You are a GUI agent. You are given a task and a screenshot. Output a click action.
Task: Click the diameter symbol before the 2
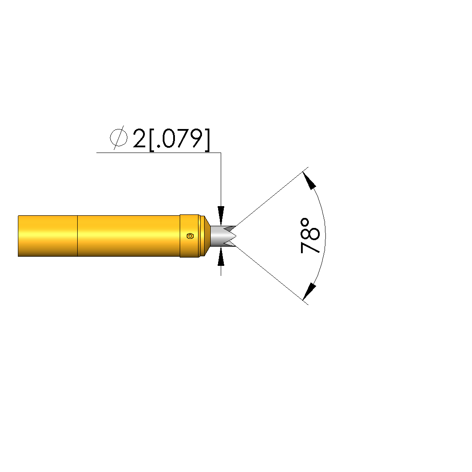click(x=118, y=138)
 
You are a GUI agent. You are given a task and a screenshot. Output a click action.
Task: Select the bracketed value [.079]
click(x=180, y=139)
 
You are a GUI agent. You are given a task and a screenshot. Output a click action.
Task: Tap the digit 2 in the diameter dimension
click(x=139, y=138)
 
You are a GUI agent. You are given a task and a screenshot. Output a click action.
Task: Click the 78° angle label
click(x=310, y=236)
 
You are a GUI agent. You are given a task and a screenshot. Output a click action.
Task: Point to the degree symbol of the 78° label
click(x=305, y=223)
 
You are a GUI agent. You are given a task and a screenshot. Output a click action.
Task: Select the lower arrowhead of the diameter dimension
click(x=221, y=256)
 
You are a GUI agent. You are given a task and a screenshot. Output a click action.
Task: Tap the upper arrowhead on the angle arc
click(x=309, y=180)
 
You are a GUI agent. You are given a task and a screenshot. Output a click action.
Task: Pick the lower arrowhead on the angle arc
click(x=309, y=292)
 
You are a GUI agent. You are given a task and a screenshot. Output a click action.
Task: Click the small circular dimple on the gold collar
click(x=190, y=236)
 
